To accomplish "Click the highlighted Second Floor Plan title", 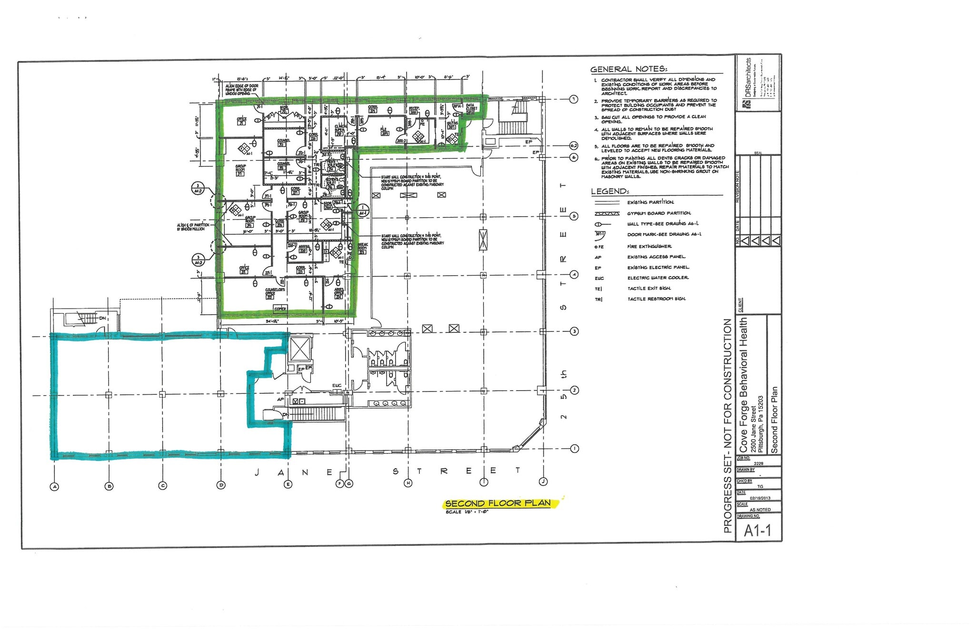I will pos(498,503).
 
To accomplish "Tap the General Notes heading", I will pos(628,69).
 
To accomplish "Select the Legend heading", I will pos(610,191).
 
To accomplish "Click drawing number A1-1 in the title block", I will pos(757,531).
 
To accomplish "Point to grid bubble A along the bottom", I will pos(55,486).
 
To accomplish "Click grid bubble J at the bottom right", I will pos(543,481).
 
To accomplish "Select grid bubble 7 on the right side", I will pos(574,99).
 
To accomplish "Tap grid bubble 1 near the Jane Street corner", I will pos(574,449).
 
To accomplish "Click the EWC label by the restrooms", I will pos(337,385).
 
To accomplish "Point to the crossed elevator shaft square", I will pos(300,350).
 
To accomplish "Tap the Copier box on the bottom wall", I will pos(280,309).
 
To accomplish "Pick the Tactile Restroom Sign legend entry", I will pos(656,299).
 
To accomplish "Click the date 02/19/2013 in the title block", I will pos(760,498).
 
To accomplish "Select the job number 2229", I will pos(758,463).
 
